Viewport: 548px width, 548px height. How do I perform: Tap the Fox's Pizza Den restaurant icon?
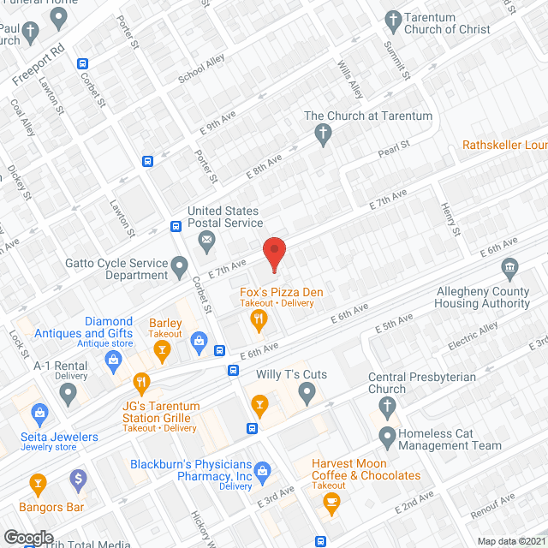click(x=258, y=320)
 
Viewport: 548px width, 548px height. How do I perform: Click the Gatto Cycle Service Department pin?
click(x=180, y=268)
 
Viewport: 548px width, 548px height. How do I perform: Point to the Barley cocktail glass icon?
click(x=161, y=348)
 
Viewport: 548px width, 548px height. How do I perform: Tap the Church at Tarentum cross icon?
click(x=323, y=133)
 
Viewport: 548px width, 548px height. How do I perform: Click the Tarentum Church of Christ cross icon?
click(x=393, y=19)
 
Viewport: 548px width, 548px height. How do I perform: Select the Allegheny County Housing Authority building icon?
click(x=510, y=270)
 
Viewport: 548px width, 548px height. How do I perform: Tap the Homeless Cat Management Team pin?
click(x=387, y=438)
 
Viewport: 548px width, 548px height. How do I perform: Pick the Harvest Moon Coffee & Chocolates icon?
click(x=330, y=505)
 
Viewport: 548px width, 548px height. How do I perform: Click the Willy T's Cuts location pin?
click(x=307, y=393)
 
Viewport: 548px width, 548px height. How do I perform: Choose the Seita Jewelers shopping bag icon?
click(x=39, y=414)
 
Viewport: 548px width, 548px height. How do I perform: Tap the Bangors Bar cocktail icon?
click(x=38, y=484)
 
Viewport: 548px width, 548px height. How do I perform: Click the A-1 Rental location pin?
click(x=68, y=394)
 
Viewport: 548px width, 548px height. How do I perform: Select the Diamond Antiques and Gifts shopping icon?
click(x=112, y=360)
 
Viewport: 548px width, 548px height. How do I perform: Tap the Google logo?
click(x=27, y=537)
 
